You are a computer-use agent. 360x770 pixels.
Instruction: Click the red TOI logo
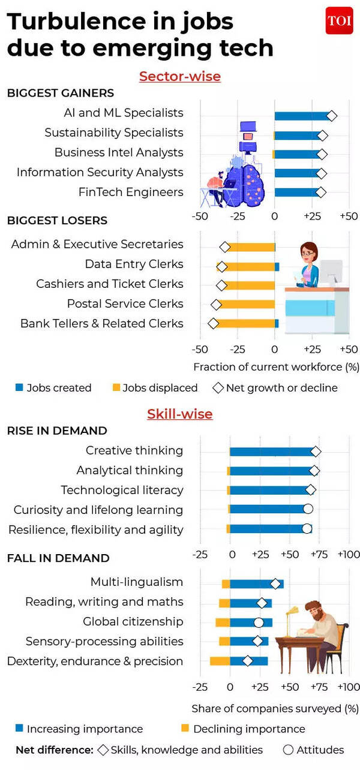click(x=339, y=22)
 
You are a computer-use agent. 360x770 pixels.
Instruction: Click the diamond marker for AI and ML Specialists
click(x=331, y=116)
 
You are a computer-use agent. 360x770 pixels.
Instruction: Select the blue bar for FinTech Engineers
click(x=297, y=192)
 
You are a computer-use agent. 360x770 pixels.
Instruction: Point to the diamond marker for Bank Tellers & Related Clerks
click(x=213, y=324)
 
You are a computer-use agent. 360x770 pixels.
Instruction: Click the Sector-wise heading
click(x=179, y=77)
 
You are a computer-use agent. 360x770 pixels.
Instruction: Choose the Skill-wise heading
click(x=179, y=414)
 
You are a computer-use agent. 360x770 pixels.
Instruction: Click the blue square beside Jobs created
click(x=19, y=388)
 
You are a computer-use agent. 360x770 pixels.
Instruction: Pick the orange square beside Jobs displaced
click(x=116, y=388)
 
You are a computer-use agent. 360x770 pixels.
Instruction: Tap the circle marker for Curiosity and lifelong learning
click(x=308, y=509)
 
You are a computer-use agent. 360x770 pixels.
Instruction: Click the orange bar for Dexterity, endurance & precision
click(x=220, y=661)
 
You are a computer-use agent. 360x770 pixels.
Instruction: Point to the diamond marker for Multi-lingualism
click(x=275, y=583)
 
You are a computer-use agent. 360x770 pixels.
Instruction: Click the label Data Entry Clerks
click(x=134, y=264)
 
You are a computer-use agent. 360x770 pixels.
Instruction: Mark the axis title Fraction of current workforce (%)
click(x=276, y=366)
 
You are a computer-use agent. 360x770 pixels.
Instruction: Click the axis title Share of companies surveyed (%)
click(x=275, y=708)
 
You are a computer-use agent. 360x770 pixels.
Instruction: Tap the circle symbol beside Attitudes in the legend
click(x=288, y=750)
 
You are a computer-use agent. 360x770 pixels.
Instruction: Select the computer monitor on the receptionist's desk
click(x=331, y=273)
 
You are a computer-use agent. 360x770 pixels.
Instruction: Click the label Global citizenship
click(x=133, y=621)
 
